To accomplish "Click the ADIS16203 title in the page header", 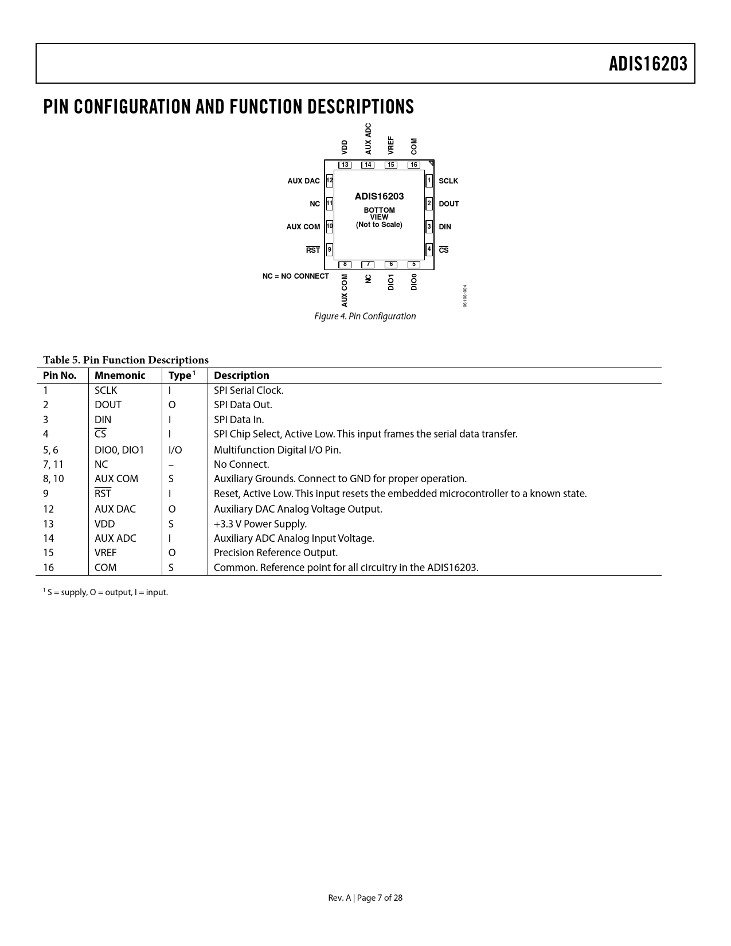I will pyautogui.click(x=648, y=64).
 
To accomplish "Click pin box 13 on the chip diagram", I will pyautogui.click(x=345, y=165).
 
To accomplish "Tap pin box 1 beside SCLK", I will pyautogui.click(x=429, y=181).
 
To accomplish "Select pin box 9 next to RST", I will pyautogui.click(x=329, y=249).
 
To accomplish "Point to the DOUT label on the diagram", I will pyautogui.click(x=449, y=204).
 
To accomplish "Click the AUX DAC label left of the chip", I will pyautogui.click(x=303, y=181).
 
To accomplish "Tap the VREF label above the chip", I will pyautogui.click(x=391, y=145).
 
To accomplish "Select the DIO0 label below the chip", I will pyautogui.click(x=414, y=282).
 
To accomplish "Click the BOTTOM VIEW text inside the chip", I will pyautogui.click(x=379, y=213).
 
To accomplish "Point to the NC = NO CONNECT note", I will pyautogui.click(x=296, y=276).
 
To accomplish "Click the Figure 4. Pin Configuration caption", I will pyautogui.click(x=365, y=316).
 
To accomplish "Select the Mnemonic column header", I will pyautogui.click(x=120, y=376).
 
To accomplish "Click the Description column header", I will pyautogui.click(x=241, y=376).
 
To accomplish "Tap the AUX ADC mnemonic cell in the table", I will pyautogui.click(x=115, y=538).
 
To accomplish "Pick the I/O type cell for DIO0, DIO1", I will pyautogui.click(x=175, y=450).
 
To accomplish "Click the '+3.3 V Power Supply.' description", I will pyautogui.click(x=260, y=524).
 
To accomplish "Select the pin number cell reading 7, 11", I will pyautogui.click(x=53, y=464).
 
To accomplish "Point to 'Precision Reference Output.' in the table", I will pyautogui.click(x=276, y=553).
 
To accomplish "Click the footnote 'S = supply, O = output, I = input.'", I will pyautogui.click(x=106, y=592).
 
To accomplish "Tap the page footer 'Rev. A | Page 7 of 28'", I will pyautogui.click(x=365, y=898).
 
